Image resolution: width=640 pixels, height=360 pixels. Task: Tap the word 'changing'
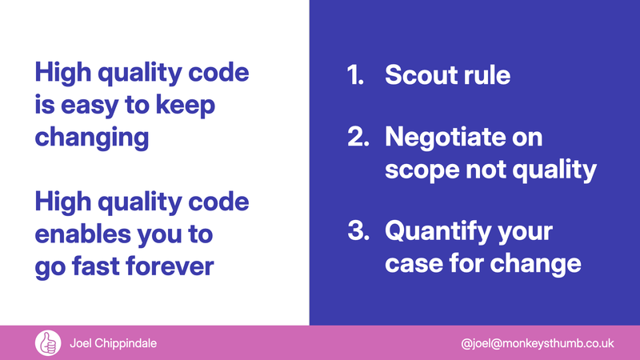pos(91,137)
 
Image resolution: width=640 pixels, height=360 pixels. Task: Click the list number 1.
pos(354,76)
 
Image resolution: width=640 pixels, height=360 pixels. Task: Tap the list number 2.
pos(356,138)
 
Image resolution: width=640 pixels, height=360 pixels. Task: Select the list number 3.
pos(356,232)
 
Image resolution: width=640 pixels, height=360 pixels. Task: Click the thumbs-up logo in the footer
pos(47,343)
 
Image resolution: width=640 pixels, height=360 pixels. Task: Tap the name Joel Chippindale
pos(111,343)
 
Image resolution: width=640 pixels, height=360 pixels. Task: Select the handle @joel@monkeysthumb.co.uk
pos(538,343)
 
